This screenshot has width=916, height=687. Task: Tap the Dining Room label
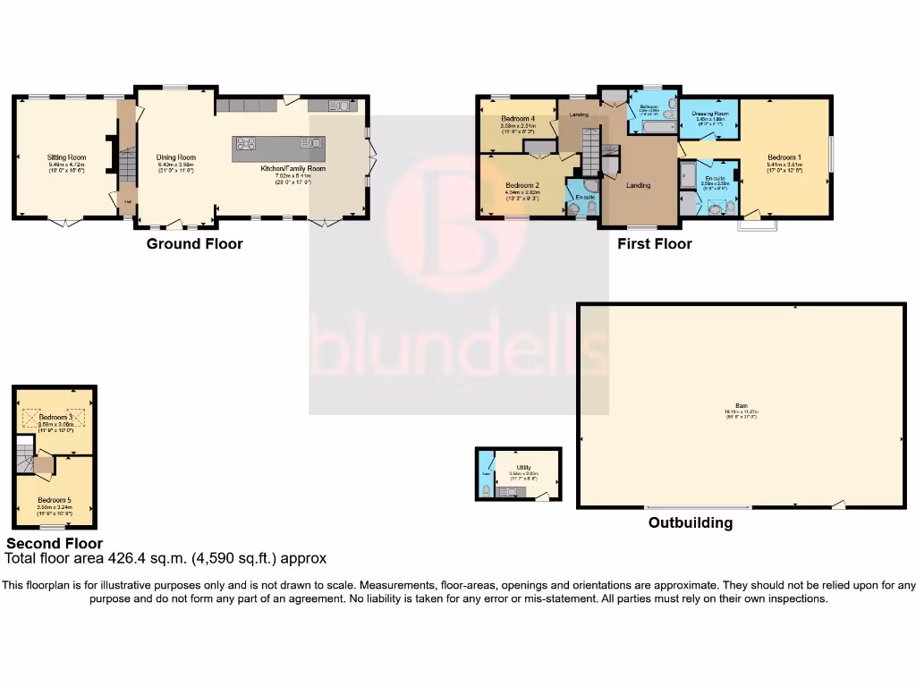pyautogui.click(x=176, y=157)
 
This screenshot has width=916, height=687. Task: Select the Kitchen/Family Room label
pyautogui.click(x=293, y=168)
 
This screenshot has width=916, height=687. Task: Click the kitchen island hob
pyautogui.click(x=246, y=143)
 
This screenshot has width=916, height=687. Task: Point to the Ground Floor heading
pyautogui.click(x=194, y=243)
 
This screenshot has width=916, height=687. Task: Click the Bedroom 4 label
pyautogui.click(x=518, y=119)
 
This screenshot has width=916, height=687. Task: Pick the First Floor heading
pyautogui.click(x=654, y=243)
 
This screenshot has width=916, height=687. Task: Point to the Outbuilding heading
pyautogui.click(x=690, y=523)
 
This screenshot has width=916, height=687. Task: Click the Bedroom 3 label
pyautogui.click(x=55, y=417)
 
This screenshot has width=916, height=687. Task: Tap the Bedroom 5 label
pyautogui.click(x=55, y=499)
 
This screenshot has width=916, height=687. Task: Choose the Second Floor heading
pyautogui.click(x=55, y=543)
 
